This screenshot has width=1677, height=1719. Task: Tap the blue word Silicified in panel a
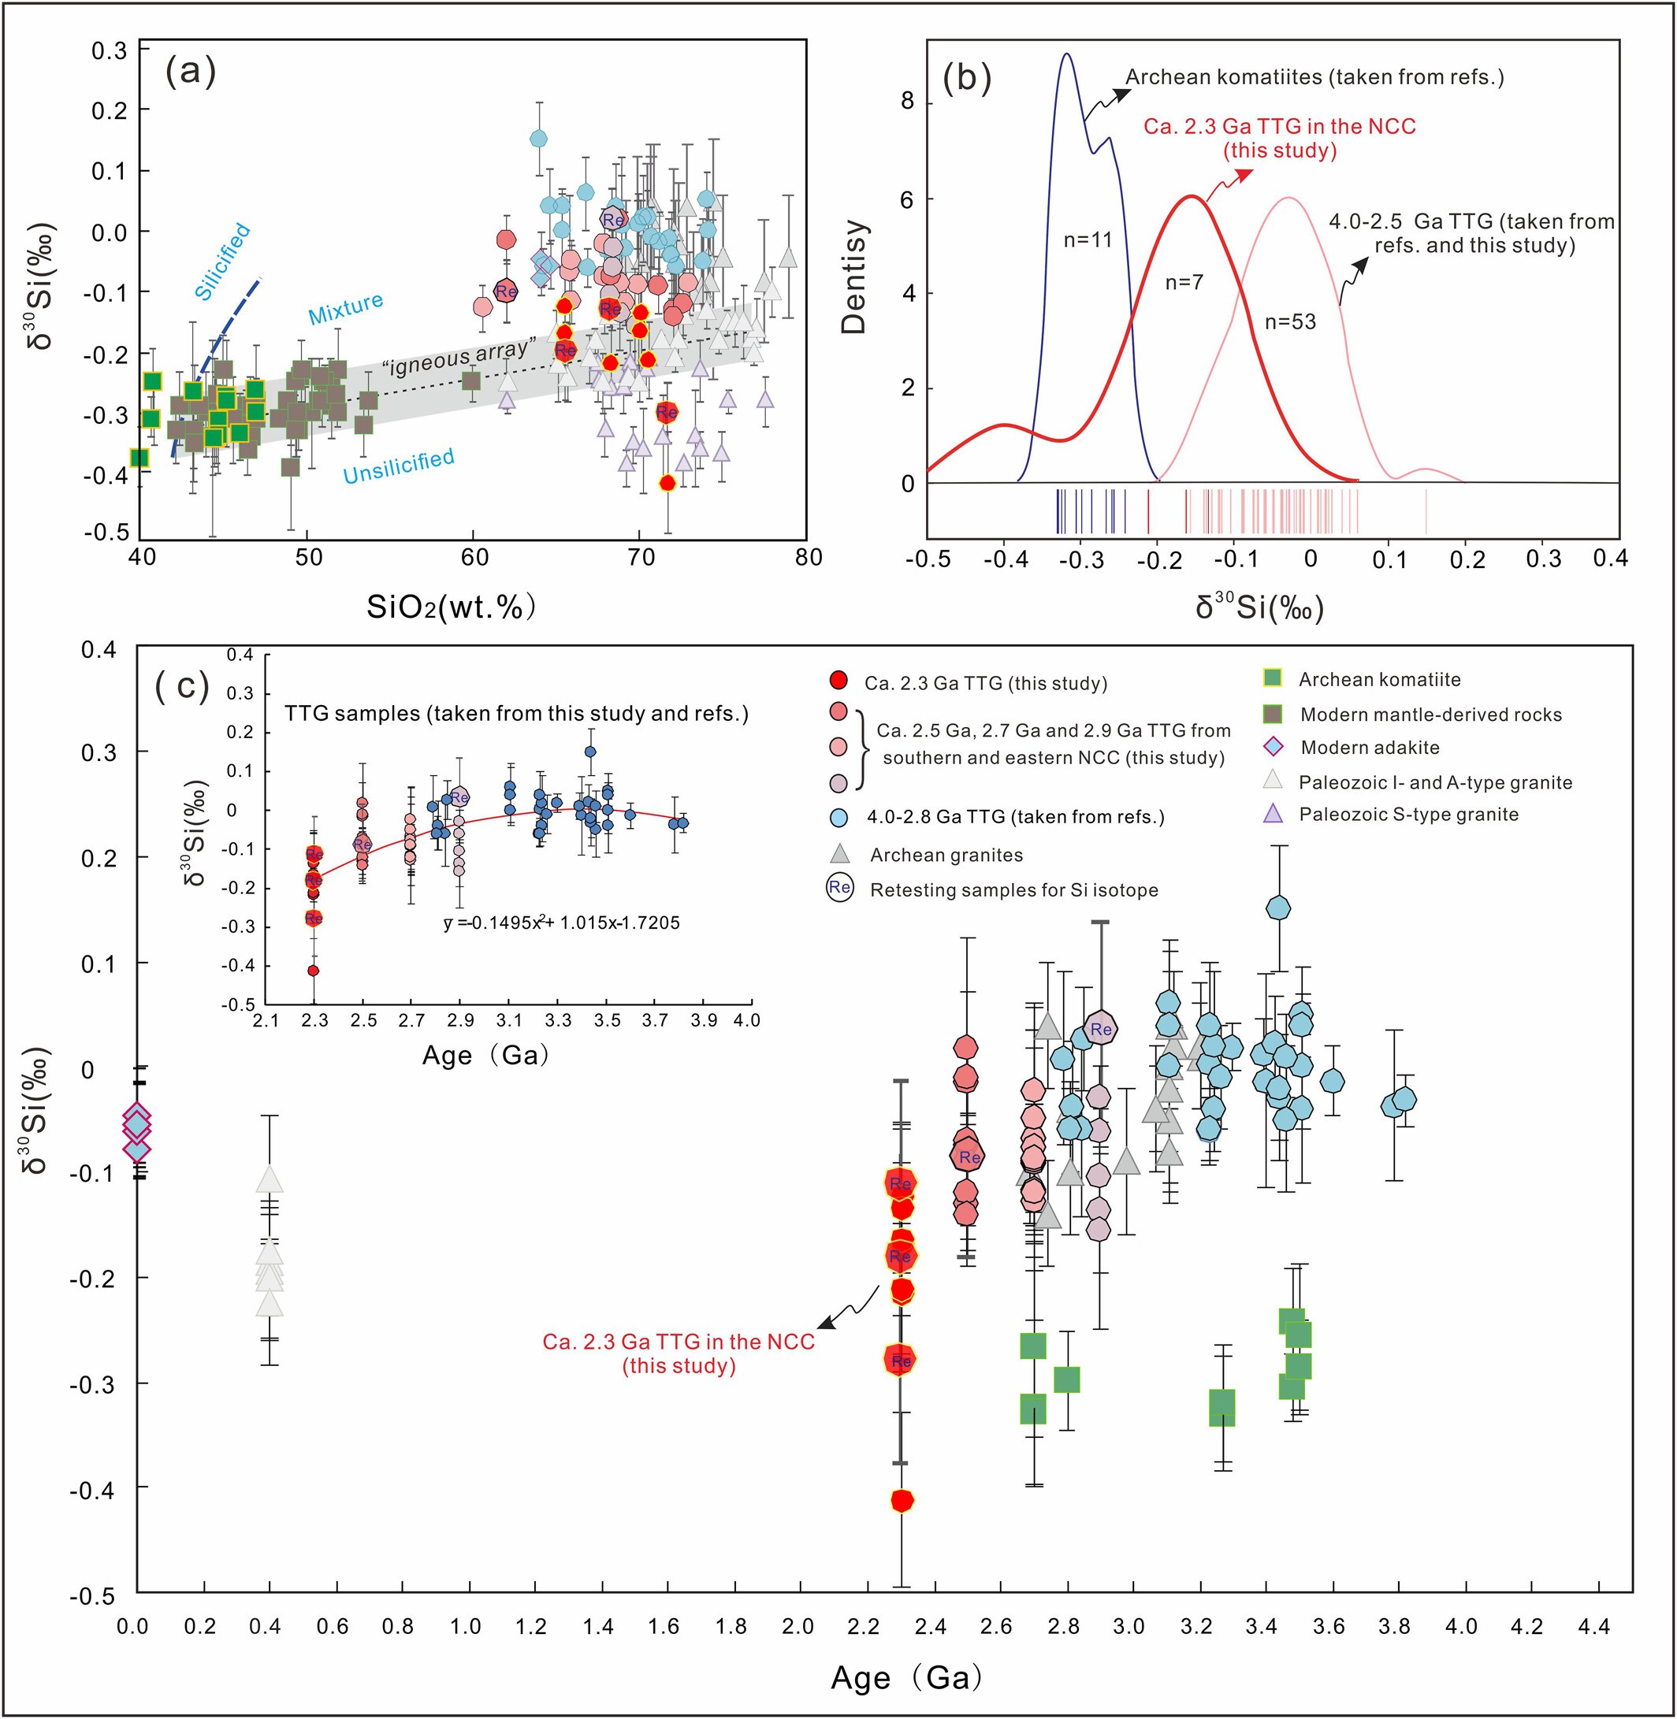222,262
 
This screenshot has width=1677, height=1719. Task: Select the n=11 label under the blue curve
1088,239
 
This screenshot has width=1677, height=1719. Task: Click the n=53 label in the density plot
1290,322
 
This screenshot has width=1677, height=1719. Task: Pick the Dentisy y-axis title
853,277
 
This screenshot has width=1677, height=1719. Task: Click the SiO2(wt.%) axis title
451,607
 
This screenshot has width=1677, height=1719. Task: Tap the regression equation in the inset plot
562,923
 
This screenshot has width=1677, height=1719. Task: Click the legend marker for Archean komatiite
1272,678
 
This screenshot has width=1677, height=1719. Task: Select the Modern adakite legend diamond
1272,747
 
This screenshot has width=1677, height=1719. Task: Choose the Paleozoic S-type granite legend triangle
1273,814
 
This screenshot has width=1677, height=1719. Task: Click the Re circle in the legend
839,888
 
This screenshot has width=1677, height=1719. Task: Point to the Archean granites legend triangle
840,853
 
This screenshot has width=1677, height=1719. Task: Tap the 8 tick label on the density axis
907,102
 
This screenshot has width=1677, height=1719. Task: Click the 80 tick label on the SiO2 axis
808,558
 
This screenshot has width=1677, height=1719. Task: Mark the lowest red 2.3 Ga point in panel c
901,1501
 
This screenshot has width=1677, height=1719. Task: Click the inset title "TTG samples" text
516,713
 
